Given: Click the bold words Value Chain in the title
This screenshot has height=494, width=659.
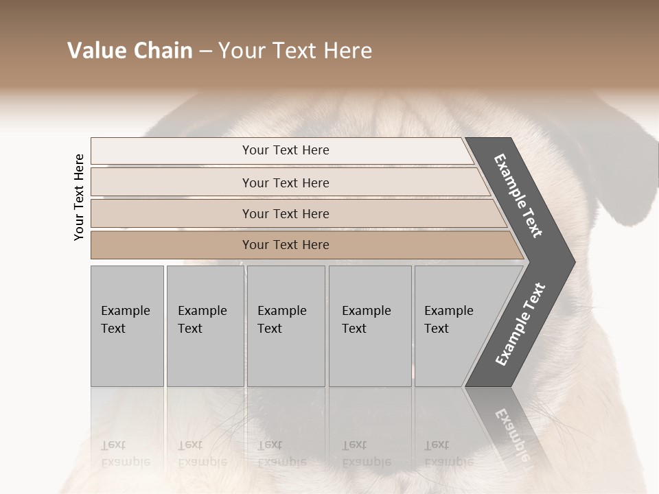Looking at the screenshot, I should pyautogui.click(x=130, y=51).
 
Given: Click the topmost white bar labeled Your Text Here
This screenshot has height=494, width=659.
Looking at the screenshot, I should pyautogui.click(x=286, y=150).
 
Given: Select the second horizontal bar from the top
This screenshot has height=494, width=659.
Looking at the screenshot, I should pyautogui.click(x=286, y=183).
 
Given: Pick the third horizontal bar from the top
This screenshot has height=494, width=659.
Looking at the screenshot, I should pyautogui.click(x=286, y=213).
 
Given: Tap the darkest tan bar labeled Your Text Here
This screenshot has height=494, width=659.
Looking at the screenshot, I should pyautogui.click(x=286, y=245).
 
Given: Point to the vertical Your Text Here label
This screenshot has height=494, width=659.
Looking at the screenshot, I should pyautogui.click(x=79, y=197).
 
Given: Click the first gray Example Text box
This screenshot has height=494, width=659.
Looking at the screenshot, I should pyautogui.click(x=127, y=325).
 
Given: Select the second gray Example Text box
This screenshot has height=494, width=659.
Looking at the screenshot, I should pyautogui.click(x=205, y=325).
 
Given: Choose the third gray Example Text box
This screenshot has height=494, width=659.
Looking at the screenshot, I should pyautogui.click(x=286, y=325).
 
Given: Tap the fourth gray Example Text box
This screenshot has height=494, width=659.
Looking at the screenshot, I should pyautogui.click(x=369, y=325).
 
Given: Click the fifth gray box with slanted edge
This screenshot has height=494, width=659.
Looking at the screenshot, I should pyautogui.click(x=456, y=325).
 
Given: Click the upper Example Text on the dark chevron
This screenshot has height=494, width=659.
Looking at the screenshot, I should pyautogui.click(x=518, y=196).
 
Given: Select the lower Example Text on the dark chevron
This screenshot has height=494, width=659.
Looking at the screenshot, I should pyautogui.click(x=520, y=325).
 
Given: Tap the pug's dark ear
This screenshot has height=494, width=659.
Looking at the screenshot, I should pyautogui.click(x=635, y=172).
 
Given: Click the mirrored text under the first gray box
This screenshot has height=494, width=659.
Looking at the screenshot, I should pyautogui.click(x=126, y=453).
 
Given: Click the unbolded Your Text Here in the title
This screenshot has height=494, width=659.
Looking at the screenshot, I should pyautogui.click(x=295, y=51).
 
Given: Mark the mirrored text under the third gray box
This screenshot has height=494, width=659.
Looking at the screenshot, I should pyautogui.click(x=282, y=453).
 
